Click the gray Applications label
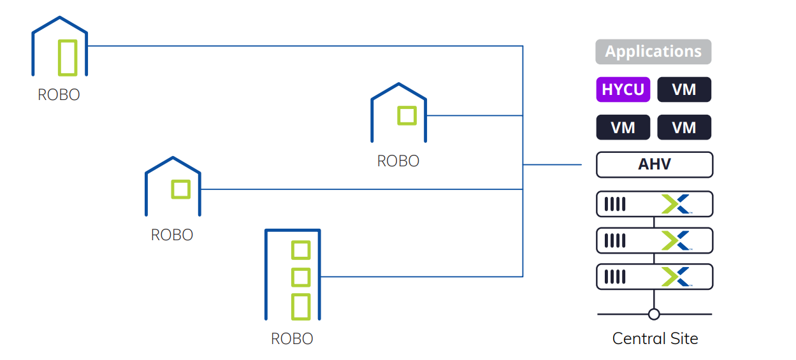653,52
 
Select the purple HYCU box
623,90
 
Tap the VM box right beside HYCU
684,90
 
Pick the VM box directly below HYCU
623,127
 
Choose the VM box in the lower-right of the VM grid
684,127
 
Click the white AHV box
654,164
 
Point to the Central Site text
655,338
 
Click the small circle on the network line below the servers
654,314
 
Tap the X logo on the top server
676,205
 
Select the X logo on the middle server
676,241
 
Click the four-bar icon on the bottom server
614,277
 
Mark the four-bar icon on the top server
614,205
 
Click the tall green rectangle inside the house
68,57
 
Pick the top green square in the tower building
300,250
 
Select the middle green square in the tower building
300,277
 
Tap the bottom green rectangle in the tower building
300,306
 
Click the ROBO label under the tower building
292,338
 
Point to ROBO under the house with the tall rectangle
59,94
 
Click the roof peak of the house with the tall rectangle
60,17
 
